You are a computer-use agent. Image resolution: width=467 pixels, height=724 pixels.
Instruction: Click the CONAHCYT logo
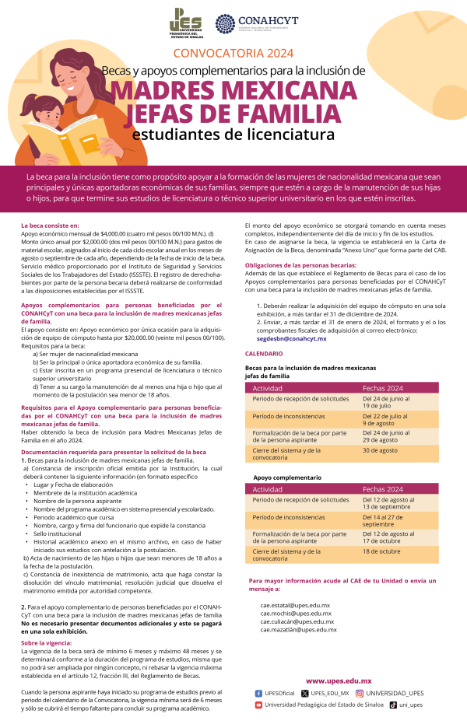click(x=256, y=23)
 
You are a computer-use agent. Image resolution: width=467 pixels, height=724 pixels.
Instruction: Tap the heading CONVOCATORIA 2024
click(x=233, y=54)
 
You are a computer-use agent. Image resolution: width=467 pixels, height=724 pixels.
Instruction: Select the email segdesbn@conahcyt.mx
click(x=291, y=340)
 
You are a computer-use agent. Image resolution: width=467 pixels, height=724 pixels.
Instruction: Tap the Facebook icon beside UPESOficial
click(x=258, y=693)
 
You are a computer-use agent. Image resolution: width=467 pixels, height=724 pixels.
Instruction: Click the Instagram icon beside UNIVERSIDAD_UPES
click(x=360, y=693)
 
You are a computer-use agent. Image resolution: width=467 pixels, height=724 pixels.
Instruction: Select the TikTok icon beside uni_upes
click(x=393, y=705)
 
